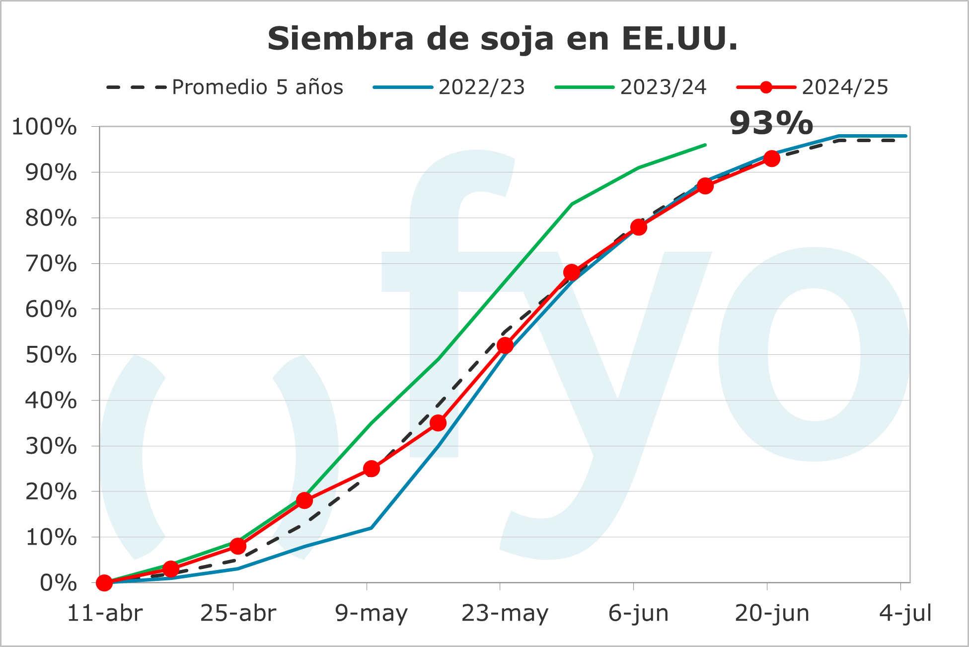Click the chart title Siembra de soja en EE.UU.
tap(503, 39)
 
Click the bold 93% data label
tap(771, 123)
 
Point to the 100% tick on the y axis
tap(45, 127)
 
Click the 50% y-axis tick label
tap(51, 355)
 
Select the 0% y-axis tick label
tap(59, 583)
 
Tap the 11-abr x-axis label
tap(105, 613)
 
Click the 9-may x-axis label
tap(371, 613)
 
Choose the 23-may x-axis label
tap(505, 613)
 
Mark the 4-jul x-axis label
tap(905, 613)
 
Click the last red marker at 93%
tap(772, 159)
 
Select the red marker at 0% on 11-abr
tap(104, 582)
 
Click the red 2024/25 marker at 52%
tap(505, 345)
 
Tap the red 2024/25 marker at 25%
tap(372, 469)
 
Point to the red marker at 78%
tap(639, 227)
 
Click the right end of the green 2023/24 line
tap(705, 145)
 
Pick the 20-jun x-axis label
tap(772, 613)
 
